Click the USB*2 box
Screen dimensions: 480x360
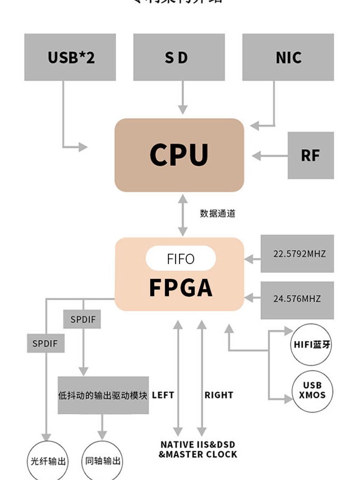(70, 57)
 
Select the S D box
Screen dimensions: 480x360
(179, 57)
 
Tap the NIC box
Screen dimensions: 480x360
(288, 57)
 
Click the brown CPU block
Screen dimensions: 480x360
(179, 155)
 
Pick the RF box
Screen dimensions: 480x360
(311, 156)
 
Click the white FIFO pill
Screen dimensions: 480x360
(181, 259)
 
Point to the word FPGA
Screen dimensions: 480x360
(181, 287)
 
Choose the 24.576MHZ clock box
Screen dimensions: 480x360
(297, 299)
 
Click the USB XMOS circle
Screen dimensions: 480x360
(312, 391)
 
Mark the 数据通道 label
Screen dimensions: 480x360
(218, 214)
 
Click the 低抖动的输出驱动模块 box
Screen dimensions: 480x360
(103, 396)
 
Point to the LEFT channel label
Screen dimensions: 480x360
(163, 396)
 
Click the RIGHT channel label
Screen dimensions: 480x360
(219, 396)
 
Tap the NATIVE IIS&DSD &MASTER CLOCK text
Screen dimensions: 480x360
(198, 450)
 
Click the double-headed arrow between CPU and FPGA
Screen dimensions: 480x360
(182, 215)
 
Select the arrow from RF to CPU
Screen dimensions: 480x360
(269, 156)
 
